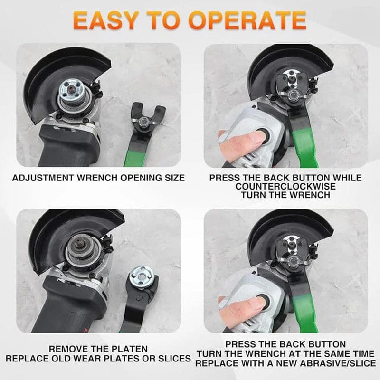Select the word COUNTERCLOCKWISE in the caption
[285, 187]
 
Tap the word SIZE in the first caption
[174, 178]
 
